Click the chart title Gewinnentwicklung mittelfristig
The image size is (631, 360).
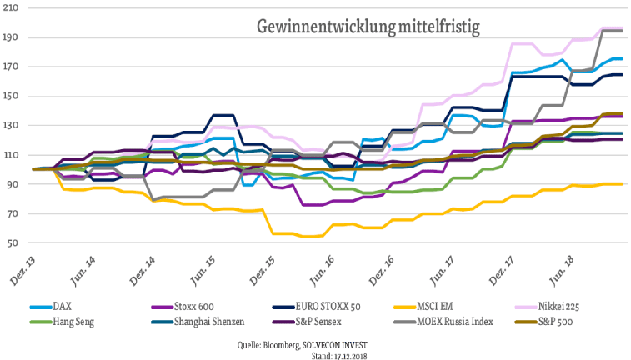pos(368,27)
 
